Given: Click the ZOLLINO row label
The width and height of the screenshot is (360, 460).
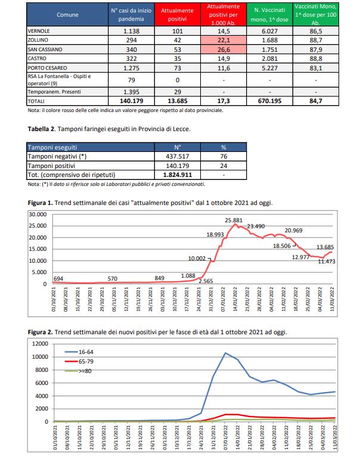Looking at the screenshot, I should pos(39,39).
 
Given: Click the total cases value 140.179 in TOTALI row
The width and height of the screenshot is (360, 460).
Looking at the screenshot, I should pos(126,102).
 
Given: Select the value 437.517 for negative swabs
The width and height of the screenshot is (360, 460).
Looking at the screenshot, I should pos(177,156).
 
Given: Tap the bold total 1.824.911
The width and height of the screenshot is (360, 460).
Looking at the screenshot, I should pos(177,175).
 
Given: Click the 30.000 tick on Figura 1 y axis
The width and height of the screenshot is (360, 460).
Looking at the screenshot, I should pos(37,214).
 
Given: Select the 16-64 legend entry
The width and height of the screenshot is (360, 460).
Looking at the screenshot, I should pos(77,352).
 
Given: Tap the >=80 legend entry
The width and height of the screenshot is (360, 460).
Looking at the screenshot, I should pos(77,371).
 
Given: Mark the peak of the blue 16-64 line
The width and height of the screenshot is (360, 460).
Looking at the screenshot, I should pos(225,353).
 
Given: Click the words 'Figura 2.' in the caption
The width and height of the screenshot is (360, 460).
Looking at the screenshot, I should pos(41,332).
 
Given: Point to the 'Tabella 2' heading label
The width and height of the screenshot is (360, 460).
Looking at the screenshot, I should pos(42,128).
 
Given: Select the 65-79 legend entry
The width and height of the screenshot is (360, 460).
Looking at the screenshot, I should pos(77,362).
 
